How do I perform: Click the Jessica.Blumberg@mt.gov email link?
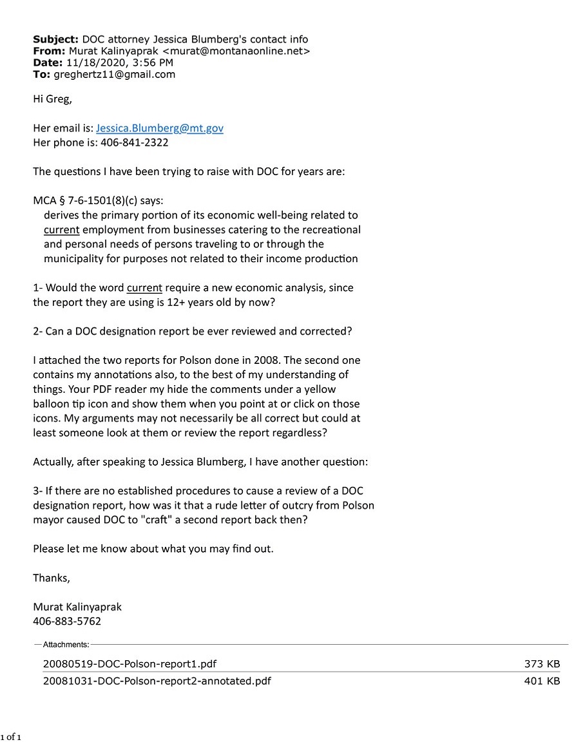point(159,128)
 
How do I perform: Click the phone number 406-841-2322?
point(134,142)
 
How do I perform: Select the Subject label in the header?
point(55,39)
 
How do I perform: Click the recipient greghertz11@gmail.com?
point(114,74)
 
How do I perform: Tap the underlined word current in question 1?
point(144,288)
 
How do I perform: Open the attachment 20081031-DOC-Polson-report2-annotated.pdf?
point(157,681)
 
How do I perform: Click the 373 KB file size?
point(542,663)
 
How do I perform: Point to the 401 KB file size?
point(542,681)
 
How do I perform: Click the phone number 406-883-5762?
point(67,622)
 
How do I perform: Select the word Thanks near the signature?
point(51,578)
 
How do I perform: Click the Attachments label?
point(66,644)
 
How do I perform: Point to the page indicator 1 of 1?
point(11,736)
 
